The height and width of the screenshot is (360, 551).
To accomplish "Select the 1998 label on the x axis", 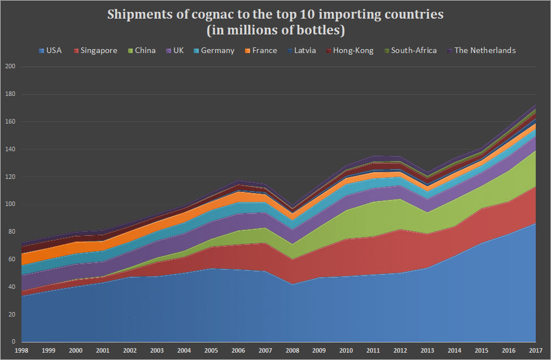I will click(21, 350).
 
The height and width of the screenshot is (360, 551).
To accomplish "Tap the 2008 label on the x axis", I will click(292, 350).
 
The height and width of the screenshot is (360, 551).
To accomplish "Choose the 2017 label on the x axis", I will click(535, 350).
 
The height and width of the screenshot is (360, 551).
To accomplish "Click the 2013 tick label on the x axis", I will click(427, 350).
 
